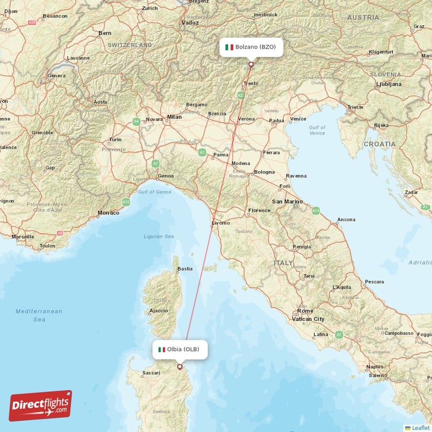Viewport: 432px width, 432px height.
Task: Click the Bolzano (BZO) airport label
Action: [251, 47]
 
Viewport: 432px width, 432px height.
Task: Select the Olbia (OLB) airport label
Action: [179, 349]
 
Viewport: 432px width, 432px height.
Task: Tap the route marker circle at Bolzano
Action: [251, 64]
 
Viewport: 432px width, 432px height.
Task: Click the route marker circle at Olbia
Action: [180, 367]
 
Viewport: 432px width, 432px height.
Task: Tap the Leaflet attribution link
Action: [418, 428]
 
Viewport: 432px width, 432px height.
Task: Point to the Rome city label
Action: [305, 311]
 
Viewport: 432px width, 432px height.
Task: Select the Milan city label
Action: [174, 116]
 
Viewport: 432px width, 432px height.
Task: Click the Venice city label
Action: [298, 119]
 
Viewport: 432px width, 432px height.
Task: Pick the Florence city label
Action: [259, 210]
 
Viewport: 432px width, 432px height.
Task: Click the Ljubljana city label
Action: [388, 84]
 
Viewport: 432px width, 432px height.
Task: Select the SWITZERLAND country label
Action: [130, 45]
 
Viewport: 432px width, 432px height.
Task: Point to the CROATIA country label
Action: [379, 144]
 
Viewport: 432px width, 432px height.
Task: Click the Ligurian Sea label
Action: [159, 236]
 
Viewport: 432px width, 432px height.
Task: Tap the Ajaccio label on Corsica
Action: [158, 310]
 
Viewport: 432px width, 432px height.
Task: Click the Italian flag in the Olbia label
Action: [161, 349]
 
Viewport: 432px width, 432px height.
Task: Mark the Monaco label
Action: [109, 213]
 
